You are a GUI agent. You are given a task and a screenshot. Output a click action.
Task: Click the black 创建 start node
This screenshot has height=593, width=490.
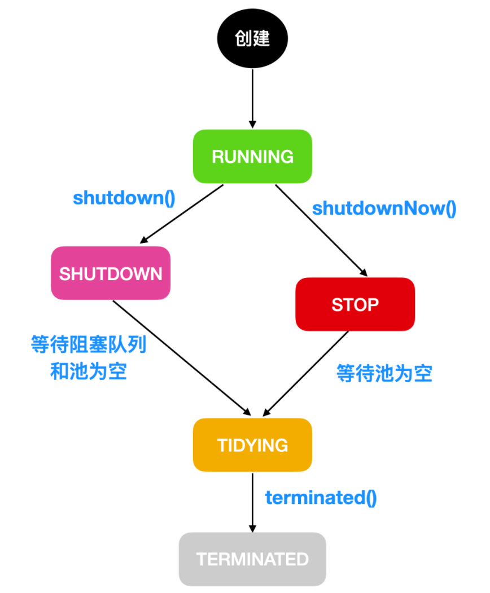[x=252, y=38]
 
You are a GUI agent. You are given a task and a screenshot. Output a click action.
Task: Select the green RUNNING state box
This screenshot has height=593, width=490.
[x=252, y=157]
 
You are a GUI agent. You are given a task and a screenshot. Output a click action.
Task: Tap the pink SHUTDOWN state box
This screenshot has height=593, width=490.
[x=111, y=273]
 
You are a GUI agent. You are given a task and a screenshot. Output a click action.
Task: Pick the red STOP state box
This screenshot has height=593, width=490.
[x=355, y=304]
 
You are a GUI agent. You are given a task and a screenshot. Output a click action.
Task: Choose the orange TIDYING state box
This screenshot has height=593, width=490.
[x=252, y=445]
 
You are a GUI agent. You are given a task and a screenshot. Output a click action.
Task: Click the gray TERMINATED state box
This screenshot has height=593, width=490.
[x=252, y=559]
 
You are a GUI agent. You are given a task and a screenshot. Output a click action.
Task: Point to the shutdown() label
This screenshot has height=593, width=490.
[x=124, y=198]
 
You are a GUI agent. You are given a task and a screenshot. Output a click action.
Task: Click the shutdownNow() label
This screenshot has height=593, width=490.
[x=384, y=209]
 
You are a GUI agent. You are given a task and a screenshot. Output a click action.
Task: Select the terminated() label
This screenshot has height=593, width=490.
[x=321, y=498]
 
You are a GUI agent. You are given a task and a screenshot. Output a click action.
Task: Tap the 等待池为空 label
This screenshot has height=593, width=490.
[x=384, y=374]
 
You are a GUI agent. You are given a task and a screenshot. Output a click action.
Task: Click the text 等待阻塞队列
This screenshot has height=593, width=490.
[x=89, y=344]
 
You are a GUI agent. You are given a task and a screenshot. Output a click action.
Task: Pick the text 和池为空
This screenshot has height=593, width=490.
[x=89, y=371]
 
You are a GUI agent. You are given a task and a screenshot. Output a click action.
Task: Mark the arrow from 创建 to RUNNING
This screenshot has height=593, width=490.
[x=252, y=99]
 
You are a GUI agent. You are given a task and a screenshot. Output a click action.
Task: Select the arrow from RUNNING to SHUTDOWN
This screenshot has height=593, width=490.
[x=182, y=214]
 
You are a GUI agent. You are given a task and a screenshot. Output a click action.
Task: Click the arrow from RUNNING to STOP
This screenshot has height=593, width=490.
[x=321, y=231]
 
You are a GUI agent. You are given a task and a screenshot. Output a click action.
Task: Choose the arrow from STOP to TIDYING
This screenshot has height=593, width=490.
[x=305, y=374]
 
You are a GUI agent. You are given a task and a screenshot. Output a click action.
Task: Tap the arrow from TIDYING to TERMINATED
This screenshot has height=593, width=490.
[x=252, y=503]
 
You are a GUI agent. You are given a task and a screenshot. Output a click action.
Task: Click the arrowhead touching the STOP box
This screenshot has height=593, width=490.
[x=364, y=272]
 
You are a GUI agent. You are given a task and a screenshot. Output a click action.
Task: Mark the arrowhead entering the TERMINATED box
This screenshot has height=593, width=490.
[x=252, y=529]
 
